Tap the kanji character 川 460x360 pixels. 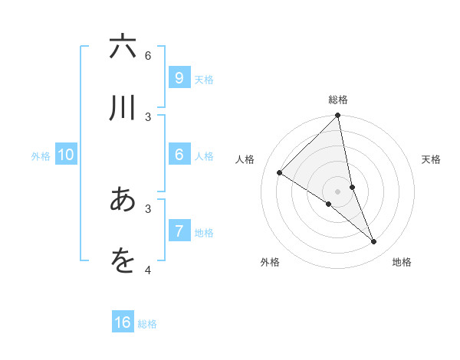[x=122, y=108]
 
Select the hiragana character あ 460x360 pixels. [x=122, y=200]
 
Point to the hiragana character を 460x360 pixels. [x=122, y=261]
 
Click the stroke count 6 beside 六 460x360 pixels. [x=148, y=55]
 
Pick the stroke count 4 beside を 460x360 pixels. [x=148, y=270]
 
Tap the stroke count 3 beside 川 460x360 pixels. [x=148, y=116]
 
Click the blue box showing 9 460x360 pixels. [x=179, y=78]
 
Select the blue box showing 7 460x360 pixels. [x=179, y=231]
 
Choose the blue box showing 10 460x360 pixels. [x=66, y=155]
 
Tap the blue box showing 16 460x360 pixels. [x=123, y=322]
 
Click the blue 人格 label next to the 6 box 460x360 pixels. [x=204, y=156]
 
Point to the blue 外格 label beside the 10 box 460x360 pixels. [x=41, y=156]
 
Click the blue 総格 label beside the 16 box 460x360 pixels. [x=147, y=324]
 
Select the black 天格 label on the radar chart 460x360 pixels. [x=431, y=159]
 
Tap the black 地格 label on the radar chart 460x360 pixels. [x=402, y=262]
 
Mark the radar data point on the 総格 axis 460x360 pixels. [x=337, y=116]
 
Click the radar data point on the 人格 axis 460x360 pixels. [x=279, y=173]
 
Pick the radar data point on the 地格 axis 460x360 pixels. [x=374, y=242]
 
